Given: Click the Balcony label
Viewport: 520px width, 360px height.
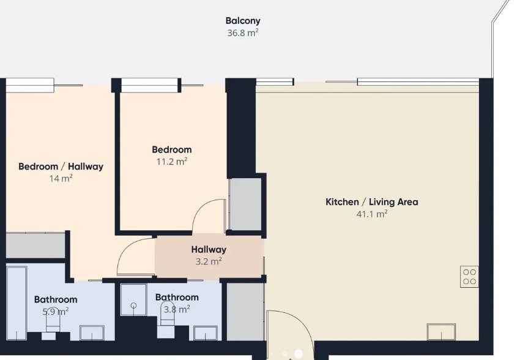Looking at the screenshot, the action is [243, 21].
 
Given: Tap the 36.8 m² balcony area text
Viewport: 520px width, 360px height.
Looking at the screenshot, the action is [243, 33].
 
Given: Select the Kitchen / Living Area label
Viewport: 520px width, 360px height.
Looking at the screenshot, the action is [372, 201].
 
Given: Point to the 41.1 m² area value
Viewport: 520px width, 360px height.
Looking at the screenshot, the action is [372, 214].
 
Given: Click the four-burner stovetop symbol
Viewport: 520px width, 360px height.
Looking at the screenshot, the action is [469, 277].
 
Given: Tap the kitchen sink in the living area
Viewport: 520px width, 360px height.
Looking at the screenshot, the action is [442, 332].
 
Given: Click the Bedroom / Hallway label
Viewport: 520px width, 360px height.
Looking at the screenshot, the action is [61, 167].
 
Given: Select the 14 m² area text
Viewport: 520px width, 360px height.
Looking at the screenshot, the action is [61, 179].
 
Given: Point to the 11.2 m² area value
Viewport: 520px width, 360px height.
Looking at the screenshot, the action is [172, 162].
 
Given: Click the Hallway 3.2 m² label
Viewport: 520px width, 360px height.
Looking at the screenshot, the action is [209, 255].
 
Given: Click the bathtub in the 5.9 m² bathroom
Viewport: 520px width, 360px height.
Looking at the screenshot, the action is [17, 303].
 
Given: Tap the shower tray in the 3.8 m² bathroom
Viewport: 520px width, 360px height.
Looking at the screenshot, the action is [133, 299].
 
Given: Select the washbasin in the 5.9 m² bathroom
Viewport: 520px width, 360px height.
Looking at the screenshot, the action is [92, 333].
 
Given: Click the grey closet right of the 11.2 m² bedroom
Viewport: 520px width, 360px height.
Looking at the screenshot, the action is [245, 204].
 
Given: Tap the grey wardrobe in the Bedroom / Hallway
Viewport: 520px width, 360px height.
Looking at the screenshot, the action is [35, 246].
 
